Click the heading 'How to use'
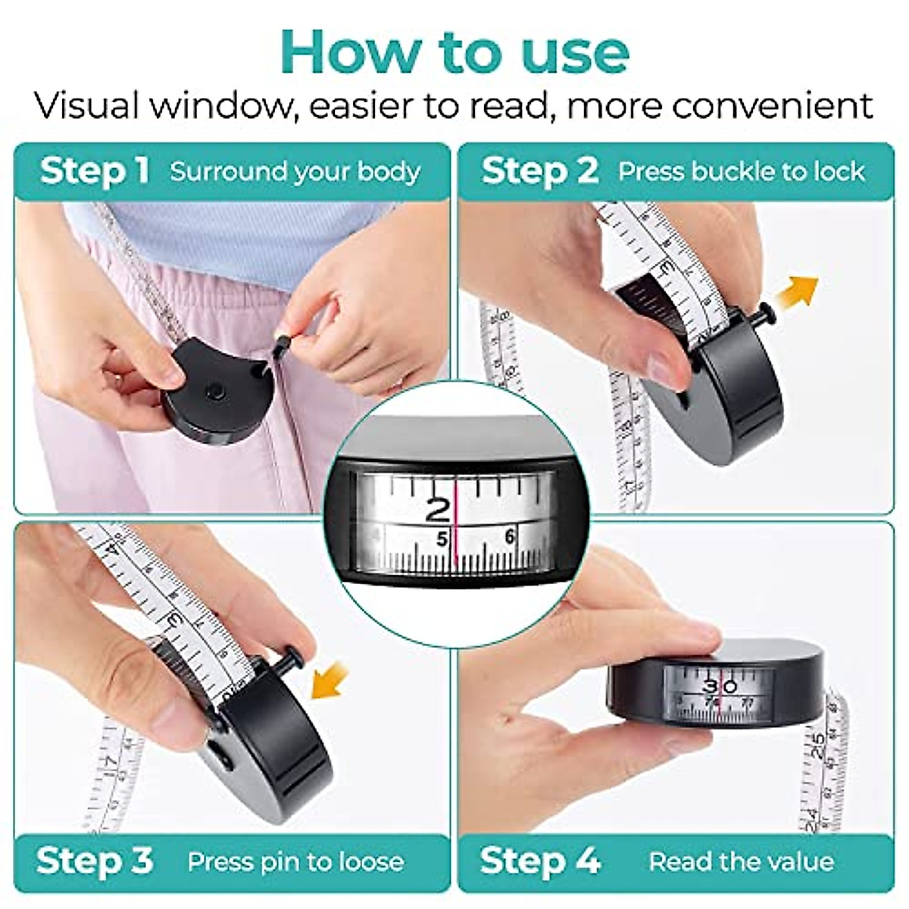454,52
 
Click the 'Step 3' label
95,861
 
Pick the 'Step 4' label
539,861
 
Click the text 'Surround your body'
295,171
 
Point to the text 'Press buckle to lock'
741,171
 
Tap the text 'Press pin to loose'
295,861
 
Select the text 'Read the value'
742,861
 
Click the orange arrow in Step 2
801,290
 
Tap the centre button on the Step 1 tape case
214,391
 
